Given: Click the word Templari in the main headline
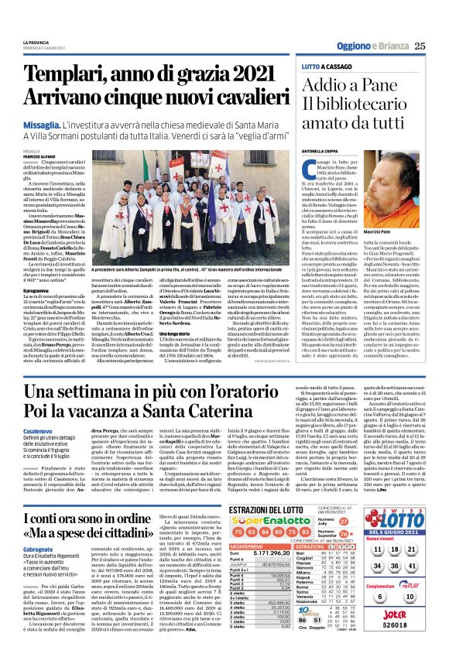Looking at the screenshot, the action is click(x=81, y=78).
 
